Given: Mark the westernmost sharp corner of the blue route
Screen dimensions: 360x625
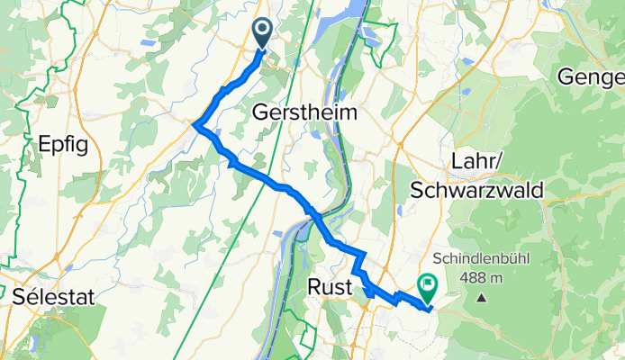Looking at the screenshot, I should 195,125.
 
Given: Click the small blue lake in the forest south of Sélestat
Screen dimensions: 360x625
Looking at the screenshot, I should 33,344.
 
